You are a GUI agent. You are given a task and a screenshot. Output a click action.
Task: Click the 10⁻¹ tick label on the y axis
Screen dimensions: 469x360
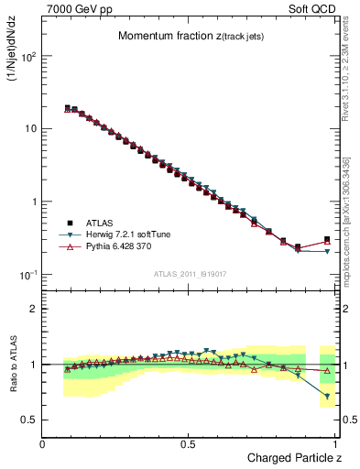click(x=27, y=275)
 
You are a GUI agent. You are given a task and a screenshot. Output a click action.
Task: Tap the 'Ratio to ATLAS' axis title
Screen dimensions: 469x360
click(x=14, y=374)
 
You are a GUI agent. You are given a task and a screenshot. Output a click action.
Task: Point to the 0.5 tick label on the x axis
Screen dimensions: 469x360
click(x=189, y=443)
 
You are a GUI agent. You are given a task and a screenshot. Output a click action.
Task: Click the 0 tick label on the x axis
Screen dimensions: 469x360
click(x=43, y=443)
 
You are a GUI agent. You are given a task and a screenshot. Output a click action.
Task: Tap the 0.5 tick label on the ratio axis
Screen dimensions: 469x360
click(x=29, y=420)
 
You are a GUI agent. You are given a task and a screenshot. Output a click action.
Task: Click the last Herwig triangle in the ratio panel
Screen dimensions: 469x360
click(x=327, y=397)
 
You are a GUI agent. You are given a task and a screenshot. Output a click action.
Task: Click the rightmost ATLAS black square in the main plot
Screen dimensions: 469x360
click(x=327, y=240)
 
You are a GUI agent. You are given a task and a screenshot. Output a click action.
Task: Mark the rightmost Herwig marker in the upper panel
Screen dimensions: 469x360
click(x=327, y=251)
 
